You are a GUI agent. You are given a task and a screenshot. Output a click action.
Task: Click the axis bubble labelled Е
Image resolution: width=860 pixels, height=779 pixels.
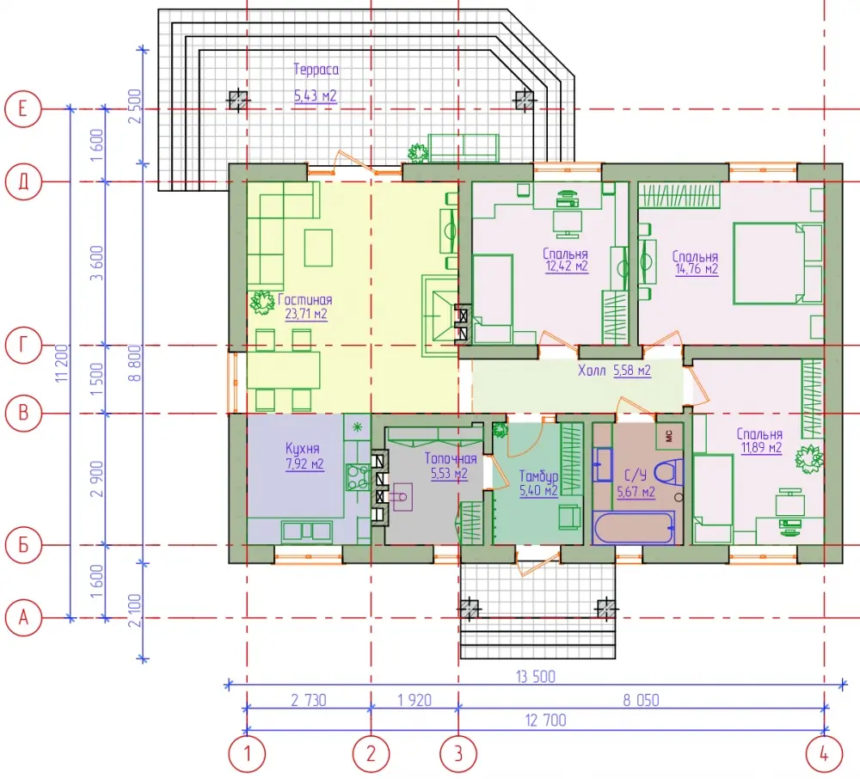23,108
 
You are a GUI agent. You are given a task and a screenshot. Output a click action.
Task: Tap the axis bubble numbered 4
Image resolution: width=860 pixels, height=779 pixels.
824,754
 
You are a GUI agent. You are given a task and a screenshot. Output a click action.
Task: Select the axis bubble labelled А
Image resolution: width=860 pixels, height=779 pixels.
23,618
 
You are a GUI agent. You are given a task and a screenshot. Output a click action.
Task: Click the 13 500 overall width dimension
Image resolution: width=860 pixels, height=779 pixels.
536,677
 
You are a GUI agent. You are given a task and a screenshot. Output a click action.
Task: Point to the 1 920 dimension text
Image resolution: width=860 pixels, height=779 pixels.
415,700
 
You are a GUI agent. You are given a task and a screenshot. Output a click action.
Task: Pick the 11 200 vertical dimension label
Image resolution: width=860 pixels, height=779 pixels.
62,363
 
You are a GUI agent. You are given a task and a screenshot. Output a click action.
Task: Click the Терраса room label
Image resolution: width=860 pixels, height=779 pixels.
316,70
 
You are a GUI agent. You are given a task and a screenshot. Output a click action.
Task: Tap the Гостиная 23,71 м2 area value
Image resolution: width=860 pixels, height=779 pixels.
306,314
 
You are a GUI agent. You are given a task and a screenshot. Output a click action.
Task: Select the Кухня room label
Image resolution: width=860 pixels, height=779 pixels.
303,449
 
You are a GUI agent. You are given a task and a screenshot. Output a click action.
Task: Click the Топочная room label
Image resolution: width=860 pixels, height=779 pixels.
451,458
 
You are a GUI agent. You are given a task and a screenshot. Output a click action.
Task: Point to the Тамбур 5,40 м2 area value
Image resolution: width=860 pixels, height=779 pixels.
538,490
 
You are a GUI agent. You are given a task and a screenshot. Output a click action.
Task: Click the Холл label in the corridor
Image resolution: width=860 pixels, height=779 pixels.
592,371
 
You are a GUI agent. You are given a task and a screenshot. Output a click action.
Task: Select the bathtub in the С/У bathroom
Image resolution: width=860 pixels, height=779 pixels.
634,527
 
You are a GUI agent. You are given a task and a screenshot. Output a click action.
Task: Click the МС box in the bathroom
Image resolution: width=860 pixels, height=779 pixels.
669,436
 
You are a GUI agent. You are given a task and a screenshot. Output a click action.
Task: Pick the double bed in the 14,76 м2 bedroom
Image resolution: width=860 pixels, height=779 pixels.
777,263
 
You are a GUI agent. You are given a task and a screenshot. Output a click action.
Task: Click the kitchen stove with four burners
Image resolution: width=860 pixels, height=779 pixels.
358,477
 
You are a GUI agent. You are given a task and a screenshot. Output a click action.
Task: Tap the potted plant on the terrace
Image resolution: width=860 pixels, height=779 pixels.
418,153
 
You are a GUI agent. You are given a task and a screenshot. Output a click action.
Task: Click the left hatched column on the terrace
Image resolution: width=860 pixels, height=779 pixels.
237,100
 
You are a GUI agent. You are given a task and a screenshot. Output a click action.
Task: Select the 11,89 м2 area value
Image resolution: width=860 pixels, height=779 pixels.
762,447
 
